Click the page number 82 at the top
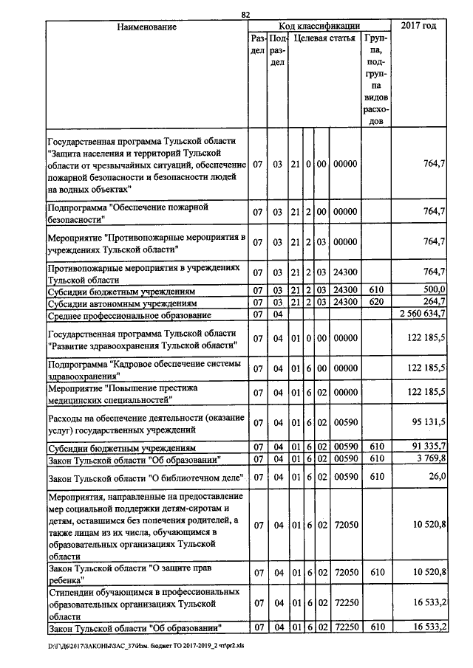pos(246,14)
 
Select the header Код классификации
pos(319,27)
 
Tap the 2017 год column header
pos(418,27)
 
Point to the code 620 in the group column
pos(376,303)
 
